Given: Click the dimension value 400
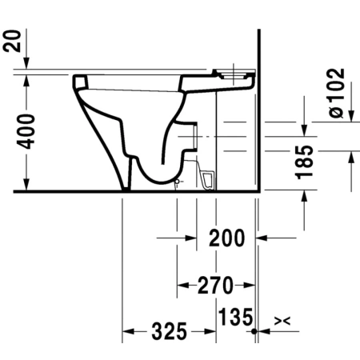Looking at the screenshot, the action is [x=26, y=131].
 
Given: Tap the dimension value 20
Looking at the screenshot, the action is [x=12, y=41].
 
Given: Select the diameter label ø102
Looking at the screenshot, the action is [x=337, y=93].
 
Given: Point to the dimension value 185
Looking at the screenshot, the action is [x=304, y=162].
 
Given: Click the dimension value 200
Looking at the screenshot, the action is [x=226, y=238].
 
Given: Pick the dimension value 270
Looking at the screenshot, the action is [x=215, y=286].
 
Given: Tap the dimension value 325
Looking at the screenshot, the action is [x=170, y=331].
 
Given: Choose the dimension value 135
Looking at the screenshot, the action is [x=235, y=317].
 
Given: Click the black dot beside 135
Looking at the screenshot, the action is [x=254, y=331].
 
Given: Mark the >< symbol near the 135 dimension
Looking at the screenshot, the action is [x=282, y=321].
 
